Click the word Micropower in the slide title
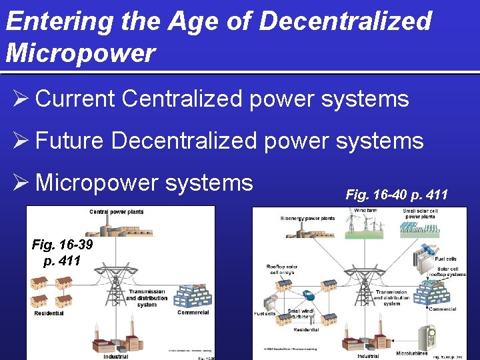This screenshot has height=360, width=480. [80, 53]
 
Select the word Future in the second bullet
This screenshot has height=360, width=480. [69, 141]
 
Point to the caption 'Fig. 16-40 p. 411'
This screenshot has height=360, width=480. [397, 195]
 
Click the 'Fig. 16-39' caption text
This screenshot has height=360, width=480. [62, 245]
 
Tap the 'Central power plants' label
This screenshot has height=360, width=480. [117, 212]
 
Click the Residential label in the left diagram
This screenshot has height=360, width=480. [49, 313]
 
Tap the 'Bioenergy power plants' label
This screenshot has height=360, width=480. [307, 219]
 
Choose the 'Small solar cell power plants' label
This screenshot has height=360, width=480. [421, 214]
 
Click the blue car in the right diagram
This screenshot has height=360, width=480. [309, 294]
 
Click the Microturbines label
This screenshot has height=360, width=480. [412, 353]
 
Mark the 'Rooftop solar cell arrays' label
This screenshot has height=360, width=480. [281, 270]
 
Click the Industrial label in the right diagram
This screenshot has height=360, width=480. [367, 356]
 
